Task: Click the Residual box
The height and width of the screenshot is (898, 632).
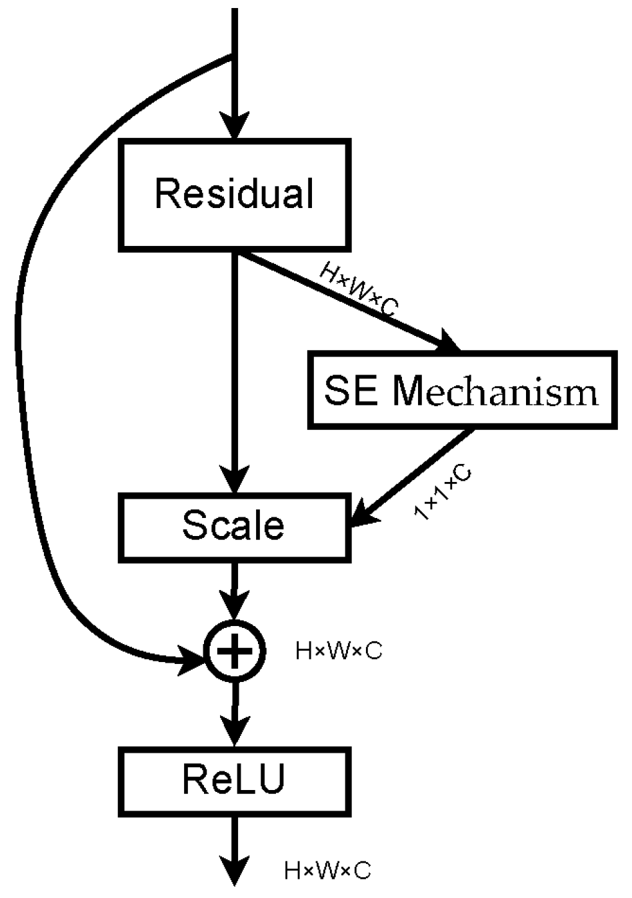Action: (235, 195)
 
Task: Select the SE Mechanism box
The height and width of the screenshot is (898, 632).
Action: (461, 390)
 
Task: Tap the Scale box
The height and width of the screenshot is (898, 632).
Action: (235, 527)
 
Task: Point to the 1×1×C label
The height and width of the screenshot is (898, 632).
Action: (443, 493)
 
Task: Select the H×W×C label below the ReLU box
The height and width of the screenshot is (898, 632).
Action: (327, 871)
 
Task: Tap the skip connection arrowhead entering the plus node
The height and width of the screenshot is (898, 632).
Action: (193, 660)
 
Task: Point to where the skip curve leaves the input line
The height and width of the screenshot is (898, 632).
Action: (233, 56)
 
